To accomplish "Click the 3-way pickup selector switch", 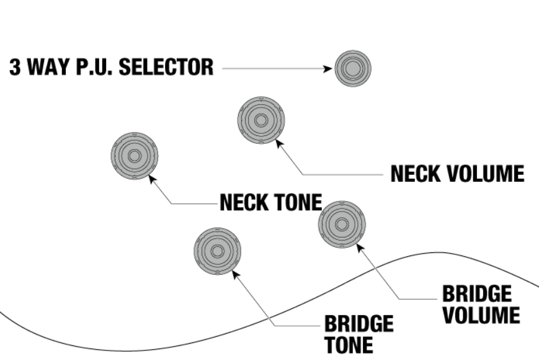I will tap(352, 68).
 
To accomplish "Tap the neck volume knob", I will tap(261, 120).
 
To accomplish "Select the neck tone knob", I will tap(135, 156).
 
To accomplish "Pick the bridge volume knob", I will tap(342, 224).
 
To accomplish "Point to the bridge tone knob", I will tap(217, 251).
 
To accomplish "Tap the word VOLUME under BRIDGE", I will tap(481, 314).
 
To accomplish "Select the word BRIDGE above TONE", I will tap(359, 324).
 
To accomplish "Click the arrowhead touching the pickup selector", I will tap(330, 68).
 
